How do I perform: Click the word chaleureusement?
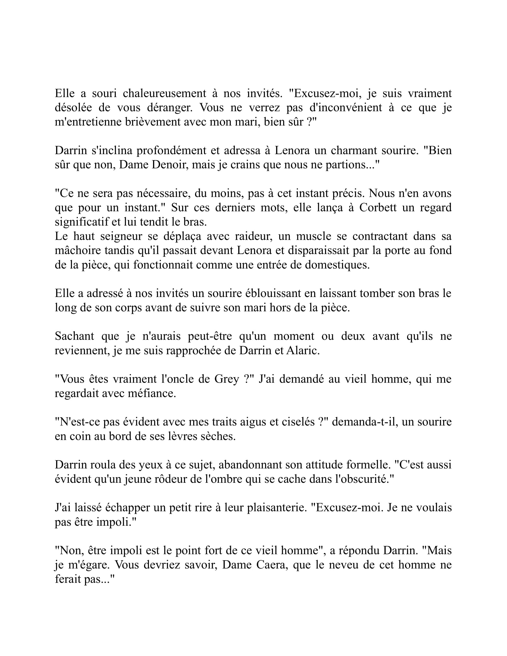click(x=164, y=93)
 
